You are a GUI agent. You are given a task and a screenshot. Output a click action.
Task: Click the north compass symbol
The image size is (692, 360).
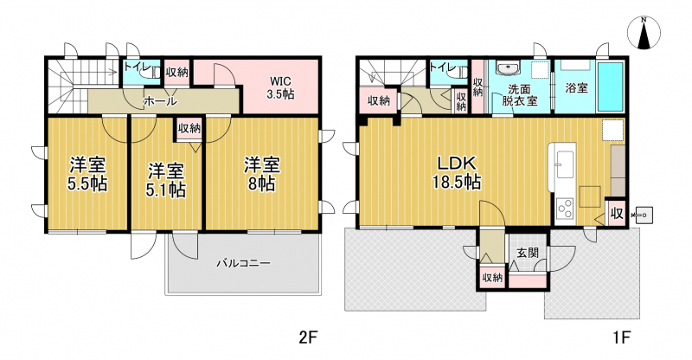(644, 32)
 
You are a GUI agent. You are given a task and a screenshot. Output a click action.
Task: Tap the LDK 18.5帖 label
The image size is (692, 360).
(458, 172)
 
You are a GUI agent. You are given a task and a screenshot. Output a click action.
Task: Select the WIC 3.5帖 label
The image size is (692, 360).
(280, 87)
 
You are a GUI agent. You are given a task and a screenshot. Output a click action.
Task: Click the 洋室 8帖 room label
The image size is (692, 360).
(262, 175)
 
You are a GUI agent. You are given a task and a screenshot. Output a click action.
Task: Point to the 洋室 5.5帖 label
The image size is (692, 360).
(87, 175)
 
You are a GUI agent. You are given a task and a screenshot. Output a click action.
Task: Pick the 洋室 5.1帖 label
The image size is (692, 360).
(166, 180)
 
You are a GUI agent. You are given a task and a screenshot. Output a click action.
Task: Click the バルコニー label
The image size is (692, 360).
(243, 264)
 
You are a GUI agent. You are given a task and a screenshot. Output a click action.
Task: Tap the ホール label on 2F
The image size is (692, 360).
(160, 101)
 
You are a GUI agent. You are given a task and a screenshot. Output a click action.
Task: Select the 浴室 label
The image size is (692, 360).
(576, 87)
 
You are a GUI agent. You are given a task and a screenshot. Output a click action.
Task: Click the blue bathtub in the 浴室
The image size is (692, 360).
(611, 87)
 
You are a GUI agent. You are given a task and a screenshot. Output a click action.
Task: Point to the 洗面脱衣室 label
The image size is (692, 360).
(520, 94)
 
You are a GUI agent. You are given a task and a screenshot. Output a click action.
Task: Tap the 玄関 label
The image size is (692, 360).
(528, 253)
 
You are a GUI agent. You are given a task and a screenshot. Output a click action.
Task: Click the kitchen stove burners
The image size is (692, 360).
(564, 209)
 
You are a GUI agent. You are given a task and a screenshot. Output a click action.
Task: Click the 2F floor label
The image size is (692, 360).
(308, 337)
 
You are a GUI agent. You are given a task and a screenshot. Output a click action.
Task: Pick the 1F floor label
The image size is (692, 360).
(620, 337)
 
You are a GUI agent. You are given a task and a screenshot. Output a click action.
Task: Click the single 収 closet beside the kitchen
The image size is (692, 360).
(617, 214)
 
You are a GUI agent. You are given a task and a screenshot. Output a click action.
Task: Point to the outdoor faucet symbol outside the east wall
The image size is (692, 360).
(642, 215)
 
